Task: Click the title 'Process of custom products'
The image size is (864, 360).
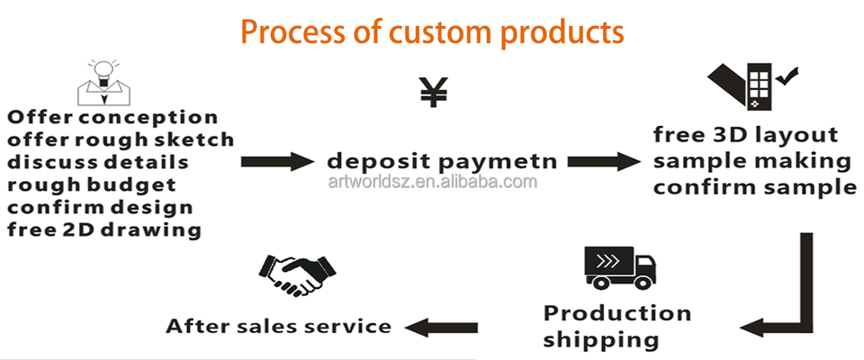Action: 432,32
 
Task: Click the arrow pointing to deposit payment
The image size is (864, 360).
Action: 274,162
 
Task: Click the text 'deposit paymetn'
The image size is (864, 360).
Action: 441,162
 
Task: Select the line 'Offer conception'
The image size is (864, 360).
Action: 112,118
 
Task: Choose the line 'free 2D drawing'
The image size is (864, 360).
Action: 103,229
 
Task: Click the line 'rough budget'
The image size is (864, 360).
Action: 93,185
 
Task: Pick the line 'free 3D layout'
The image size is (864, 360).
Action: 746,136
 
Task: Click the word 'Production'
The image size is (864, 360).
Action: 616,314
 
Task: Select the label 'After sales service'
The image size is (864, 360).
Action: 278,326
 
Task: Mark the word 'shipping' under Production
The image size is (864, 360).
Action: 600,340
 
